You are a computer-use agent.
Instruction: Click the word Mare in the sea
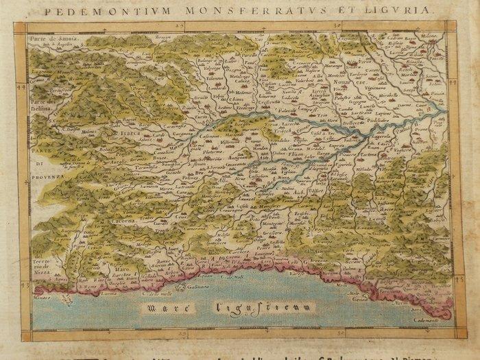[164, 307]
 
